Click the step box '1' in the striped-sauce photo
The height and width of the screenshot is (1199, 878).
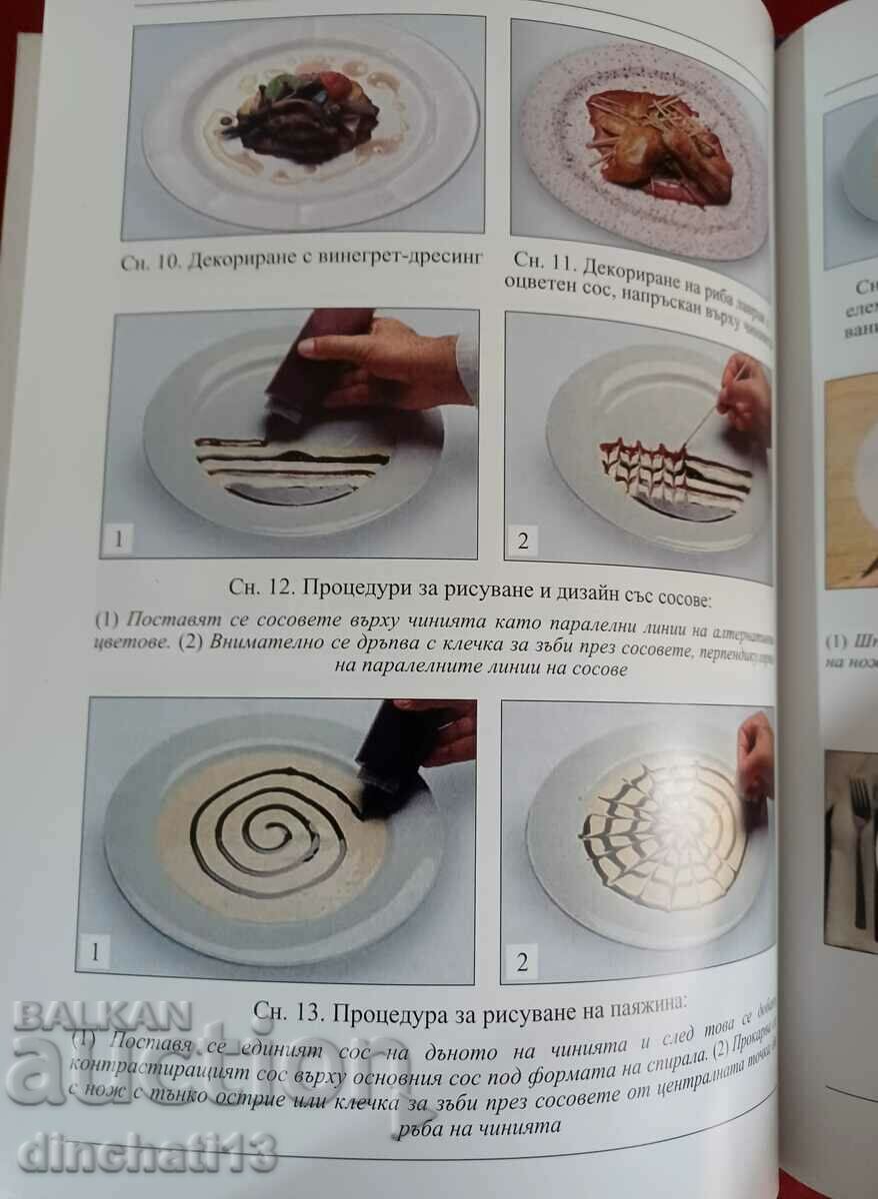[x=119, y=541]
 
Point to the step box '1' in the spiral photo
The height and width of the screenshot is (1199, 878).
[x=95, y=951]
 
